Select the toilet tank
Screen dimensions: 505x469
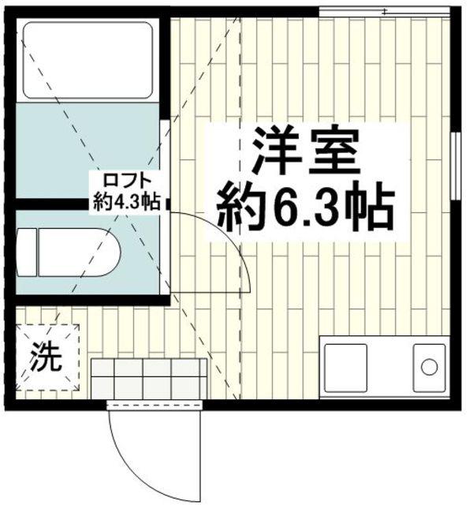click(x=27, y=252)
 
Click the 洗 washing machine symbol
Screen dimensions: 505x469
click(x=45, y=359)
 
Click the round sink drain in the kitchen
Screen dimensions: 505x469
click(x=429, y=366)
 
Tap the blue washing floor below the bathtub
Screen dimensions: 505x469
click(x=87, y=150)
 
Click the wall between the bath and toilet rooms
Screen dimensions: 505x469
click(x=87, y=204)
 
